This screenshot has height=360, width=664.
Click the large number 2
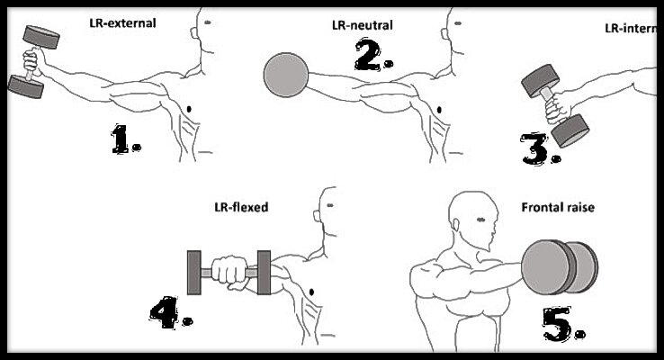[371, 56]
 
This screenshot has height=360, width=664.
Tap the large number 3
[538, 147]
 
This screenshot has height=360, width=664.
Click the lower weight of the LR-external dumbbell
[26, 85]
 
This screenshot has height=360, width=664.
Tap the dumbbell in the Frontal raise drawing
[558, 267]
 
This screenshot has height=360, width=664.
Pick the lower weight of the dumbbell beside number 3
[570, 131]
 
